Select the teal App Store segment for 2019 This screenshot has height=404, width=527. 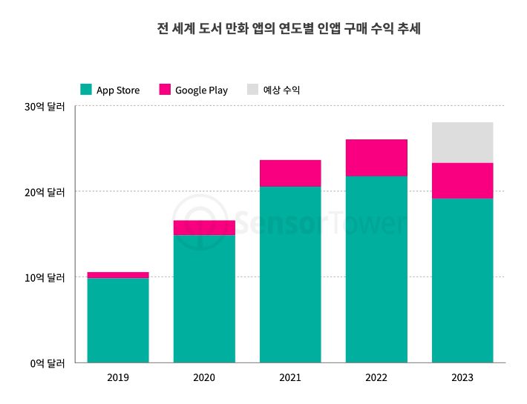coord(118,320)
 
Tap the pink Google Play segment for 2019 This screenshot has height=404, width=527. coord(118,275)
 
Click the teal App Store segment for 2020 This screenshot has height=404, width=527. coord(204,299)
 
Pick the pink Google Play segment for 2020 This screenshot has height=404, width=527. coord(204,228)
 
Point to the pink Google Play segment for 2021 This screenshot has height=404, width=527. coord(290,173)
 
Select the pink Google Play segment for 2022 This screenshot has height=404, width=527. coord(376,157)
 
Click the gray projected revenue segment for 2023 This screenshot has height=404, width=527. coord(462,142)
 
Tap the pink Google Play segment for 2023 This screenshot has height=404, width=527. coord(462,180)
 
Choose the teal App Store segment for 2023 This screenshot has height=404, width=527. coord(462,280)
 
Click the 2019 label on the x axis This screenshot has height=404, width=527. coord(118,378)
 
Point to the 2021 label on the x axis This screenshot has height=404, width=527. coord(290,378)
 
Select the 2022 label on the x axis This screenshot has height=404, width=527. coord(376,378)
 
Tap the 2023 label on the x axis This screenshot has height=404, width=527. coord(462,378)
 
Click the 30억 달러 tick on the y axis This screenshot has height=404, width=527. coord(45,107)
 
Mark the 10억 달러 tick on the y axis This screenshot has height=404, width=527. coord(45,278)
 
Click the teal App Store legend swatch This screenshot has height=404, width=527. coord(86,90)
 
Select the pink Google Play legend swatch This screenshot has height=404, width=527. coord(165,90)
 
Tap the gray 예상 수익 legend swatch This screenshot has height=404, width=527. coord(253,90)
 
